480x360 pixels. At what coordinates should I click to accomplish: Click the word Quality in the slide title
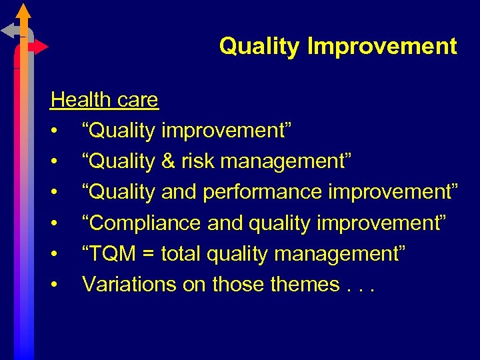[x=261, y=47]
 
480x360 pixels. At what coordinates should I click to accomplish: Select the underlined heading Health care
[x=105, y=100]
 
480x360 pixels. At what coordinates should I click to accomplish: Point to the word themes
[x=305, y=284]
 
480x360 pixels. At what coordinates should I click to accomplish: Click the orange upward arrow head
[x=23, y=11]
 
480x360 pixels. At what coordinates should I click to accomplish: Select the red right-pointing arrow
[x=40, y=47]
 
